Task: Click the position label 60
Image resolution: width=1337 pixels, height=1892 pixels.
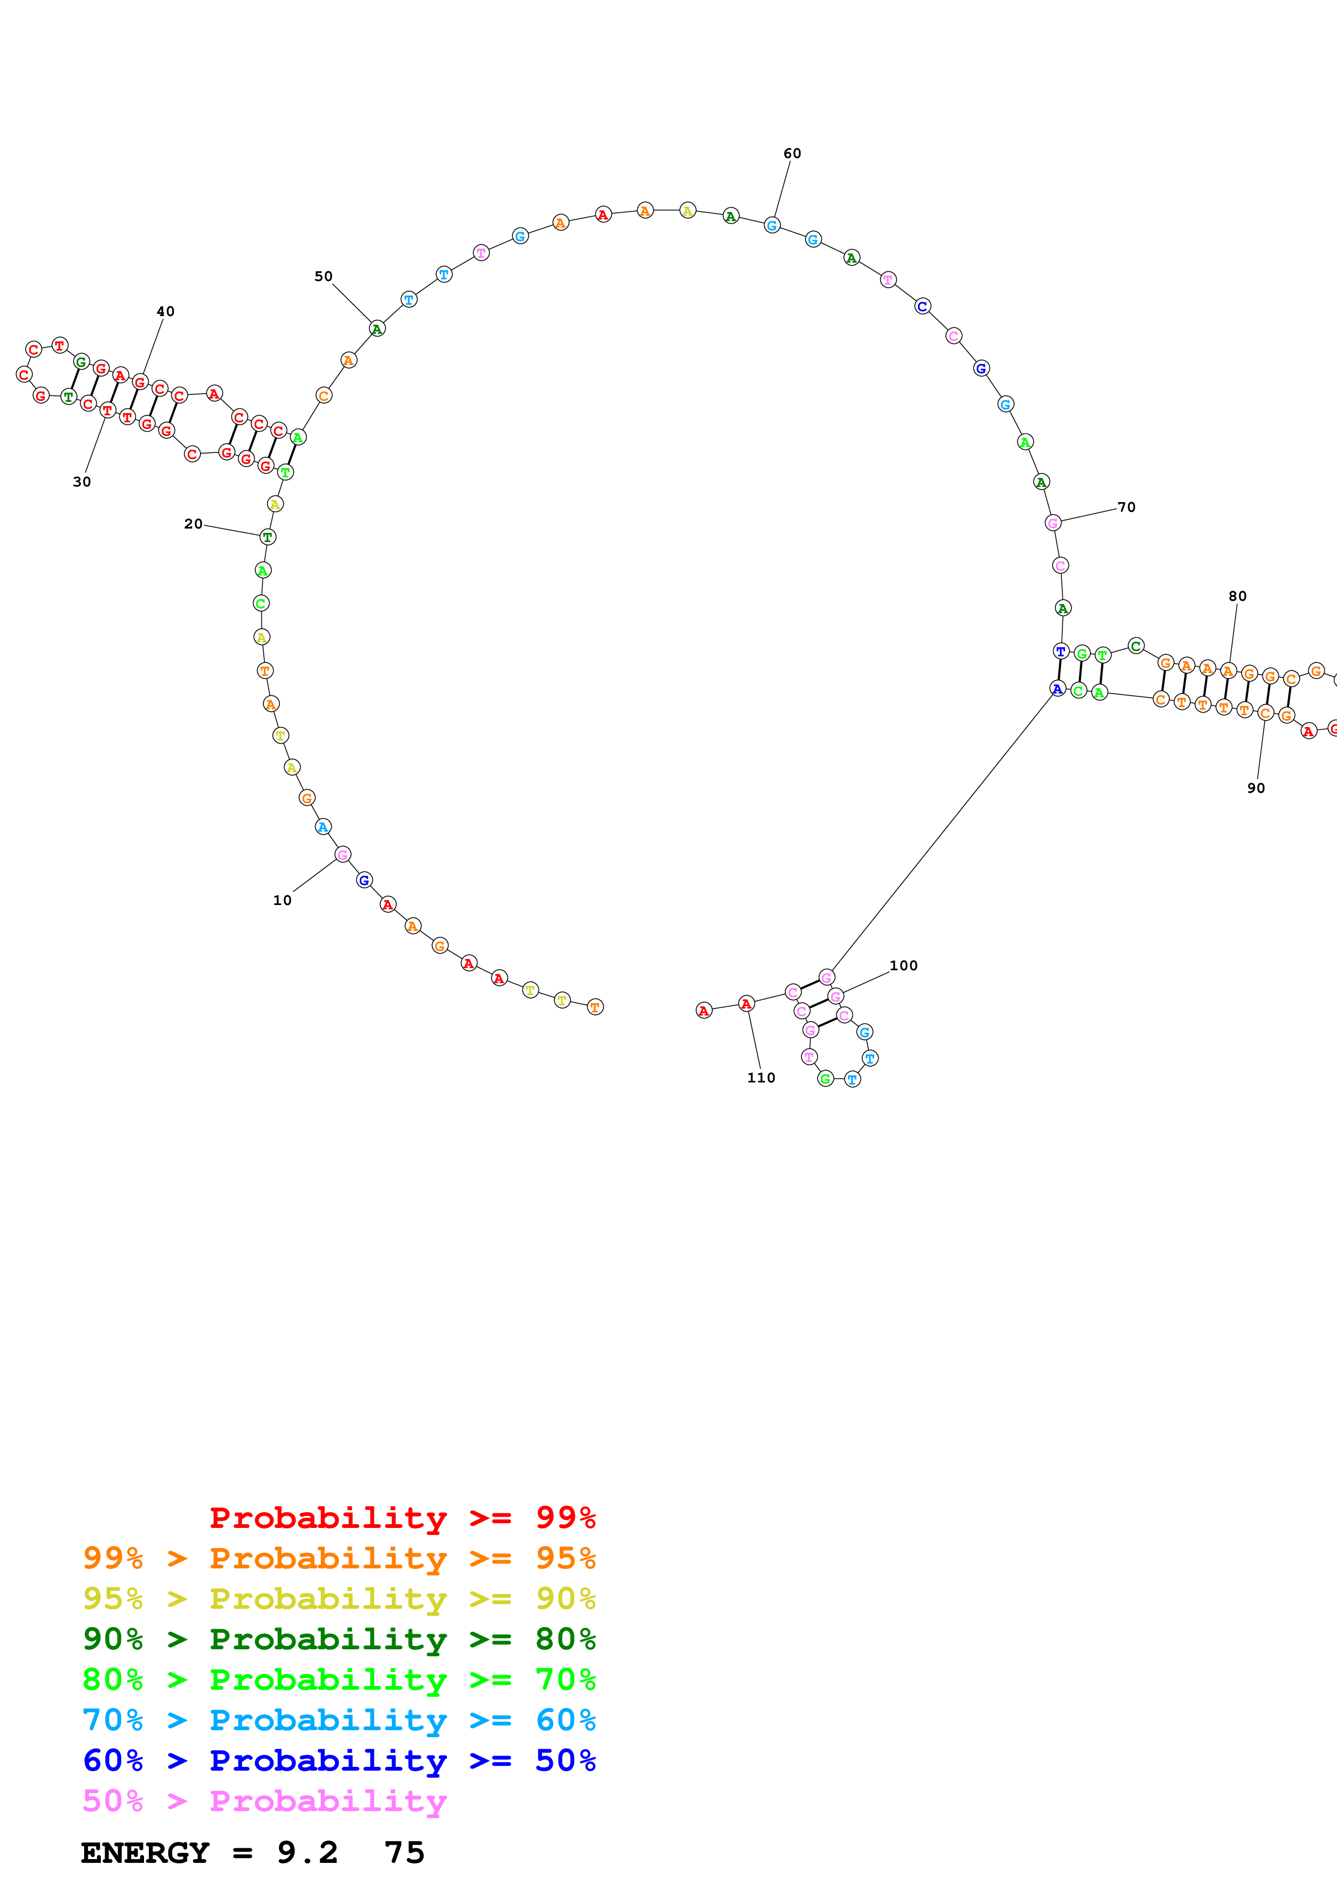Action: tap(792, 153)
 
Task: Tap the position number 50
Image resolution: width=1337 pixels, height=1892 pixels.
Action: tap(323, 276)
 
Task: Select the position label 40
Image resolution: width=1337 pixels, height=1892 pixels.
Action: tap(166, 312)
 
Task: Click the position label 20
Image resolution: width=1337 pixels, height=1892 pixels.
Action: tap(193, 524)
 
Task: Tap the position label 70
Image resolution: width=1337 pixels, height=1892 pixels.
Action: tap(1126, 508)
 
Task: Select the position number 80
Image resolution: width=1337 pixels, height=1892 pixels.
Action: tap(1237, 597)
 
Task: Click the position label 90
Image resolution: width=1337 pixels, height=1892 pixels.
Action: tap(1256, 789)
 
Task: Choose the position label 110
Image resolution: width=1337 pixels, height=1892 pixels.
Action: tap(761, 1078)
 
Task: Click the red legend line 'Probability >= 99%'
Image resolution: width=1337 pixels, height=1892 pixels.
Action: tap(402, 1517)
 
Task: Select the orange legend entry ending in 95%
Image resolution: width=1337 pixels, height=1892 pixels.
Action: tap(339, 1558)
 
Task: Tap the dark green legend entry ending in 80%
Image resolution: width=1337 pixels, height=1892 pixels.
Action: tap(339, 1639)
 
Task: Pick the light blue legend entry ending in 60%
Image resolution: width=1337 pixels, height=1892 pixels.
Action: tap(339, 1720)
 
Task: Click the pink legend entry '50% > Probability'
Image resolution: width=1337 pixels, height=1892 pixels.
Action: tap(264, 1800)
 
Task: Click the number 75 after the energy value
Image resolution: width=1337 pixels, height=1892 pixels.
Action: tap(403, 1853)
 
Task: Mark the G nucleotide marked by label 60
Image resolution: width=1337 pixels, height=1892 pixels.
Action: tap(772, 225)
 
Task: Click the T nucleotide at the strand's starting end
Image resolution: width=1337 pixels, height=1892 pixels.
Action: tap(595, 1007)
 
